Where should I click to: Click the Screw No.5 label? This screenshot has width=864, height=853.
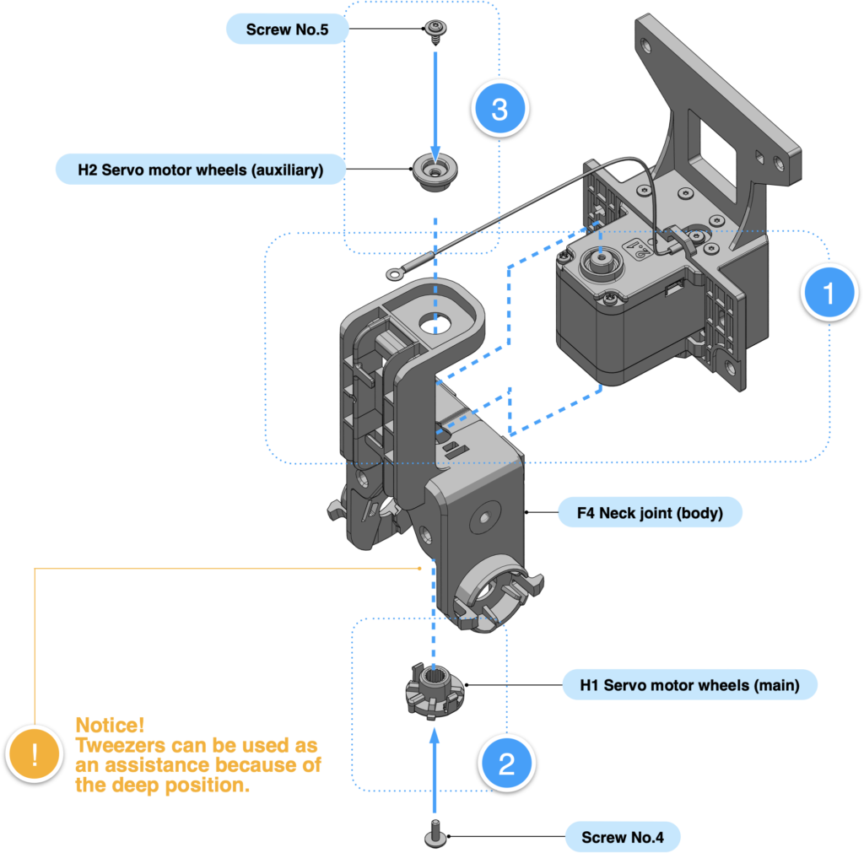click(x=286, y=30)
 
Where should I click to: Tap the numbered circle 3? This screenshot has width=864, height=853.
click(x=499, y=109)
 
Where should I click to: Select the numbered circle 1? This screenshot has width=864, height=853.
click(x=829, y=293)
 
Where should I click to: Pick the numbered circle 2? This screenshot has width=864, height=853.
click(x=506, y=763)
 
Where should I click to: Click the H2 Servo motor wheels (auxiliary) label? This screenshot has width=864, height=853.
click(x=200, y=169)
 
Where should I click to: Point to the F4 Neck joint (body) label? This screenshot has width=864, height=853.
click(x=650, y=512)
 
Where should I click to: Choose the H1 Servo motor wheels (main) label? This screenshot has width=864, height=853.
click(x=689, y=684)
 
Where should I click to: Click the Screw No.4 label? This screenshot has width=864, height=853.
click(x=622, y=837)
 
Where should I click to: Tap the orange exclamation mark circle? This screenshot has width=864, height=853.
click(x=35, y=753)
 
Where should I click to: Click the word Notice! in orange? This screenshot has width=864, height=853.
click(x=110, y=725)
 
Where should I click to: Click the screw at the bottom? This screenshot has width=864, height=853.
click(x=435, y=834)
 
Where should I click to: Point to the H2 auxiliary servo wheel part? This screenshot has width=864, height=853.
click(x=435, y=173)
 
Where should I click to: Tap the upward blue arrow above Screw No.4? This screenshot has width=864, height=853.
click(x=435, y=768)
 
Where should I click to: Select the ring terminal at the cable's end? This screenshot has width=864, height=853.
click(x=395, y=273)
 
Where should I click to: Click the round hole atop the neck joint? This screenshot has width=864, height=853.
click(x=437, y=323)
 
